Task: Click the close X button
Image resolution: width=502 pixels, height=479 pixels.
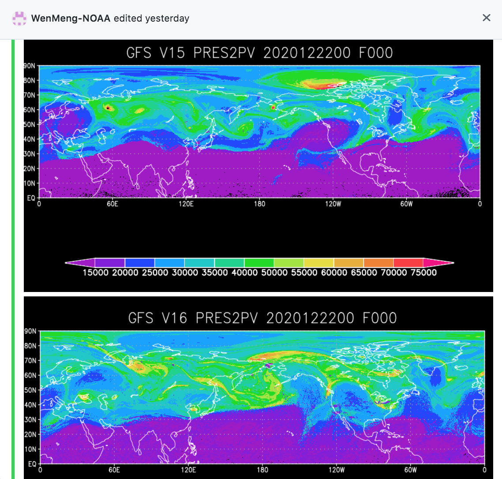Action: (486, 18)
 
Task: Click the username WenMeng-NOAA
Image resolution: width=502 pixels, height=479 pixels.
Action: (71, 19)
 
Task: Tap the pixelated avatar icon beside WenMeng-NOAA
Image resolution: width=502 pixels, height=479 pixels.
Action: (19, 19)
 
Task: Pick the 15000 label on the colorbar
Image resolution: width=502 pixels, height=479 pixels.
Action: (95, 273)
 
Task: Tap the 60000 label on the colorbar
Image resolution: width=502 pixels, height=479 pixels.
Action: (334, 273)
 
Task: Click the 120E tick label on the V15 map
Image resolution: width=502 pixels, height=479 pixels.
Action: (186, 204)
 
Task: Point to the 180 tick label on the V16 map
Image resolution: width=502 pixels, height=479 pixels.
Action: (262, 470)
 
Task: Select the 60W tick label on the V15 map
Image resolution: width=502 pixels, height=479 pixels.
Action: (406, 204)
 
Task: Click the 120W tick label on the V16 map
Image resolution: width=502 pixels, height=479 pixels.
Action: (337, 470)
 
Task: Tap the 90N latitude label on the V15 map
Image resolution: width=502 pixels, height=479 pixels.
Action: (30, 66)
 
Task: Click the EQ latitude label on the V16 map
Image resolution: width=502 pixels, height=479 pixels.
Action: (32, 464)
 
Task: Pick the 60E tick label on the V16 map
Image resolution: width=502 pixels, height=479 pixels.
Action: (114, 470)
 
